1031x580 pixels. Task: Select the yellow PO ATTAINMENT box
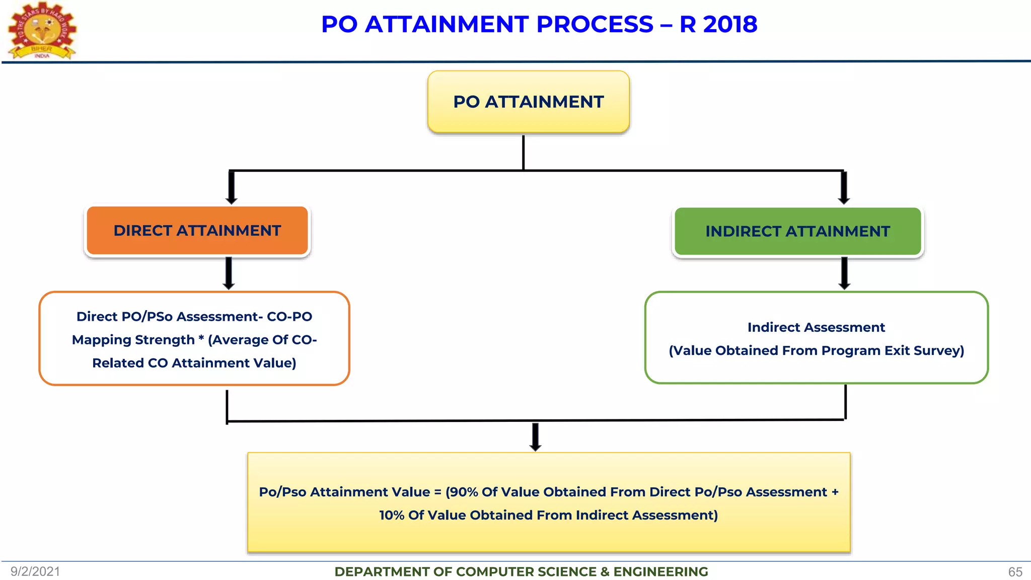(x=528, y=102)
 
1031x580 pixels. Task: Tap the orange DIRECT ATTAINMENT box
(x=197, y=231)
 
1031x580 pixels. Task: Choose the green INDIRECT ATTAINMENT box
(x=797, y=232)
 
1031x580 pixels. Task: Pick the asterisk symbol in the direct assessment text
(x=201, y=338)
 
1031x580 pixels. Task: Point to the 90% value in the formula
(x=463, y=492)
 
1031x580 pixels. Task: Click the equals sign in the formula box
(x=437, y=492)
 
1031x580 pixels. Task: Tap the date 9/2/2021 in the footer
(x=35, y=571)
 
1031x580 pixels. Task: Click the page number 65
(x=1015, y=572)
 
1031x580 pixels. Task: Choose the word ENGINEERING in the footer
(x=660, y=572)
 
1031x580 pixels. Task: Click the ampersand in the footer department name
(x=604, y=572)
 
